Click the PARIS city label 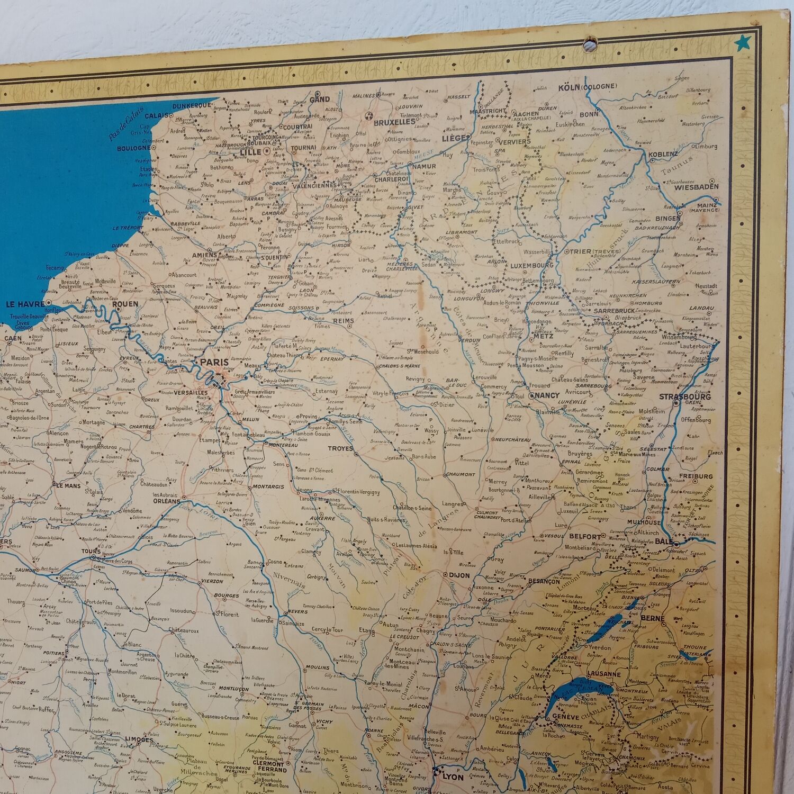(214, 363)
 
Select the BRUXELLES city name (394, 122)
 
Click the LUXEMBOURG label (531, 265)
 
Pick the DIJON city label (459, 575)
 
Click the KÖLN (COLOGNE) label (588, 87)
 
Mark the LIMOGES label (139, 739)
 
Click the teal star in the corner (742, 42)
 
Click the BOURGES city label (227, 595)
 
